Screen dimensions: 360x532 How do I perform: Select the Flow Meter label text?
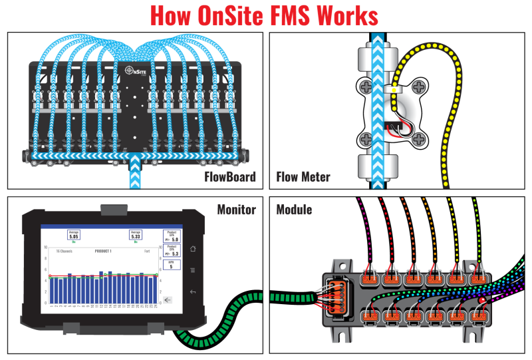tap(303, 178)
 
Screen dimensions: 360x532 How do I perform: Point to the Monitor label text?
tap(236, 210)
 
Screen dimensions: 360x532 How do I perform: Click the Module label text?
tap(294, 210)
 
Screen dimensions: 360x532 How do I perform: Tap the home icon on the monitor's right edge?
tap(192, 248)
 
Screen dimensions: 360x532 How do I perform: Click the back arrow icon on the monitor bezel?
tap(192, 291)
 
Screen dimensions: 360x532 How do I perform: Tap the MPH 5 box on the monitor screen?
tap(171, 265)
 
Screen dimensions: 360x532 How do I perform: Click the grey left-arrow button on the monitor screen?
tap(169, 300)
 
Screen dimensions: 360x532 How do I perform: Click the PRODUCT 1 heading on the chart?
tap(102, 252)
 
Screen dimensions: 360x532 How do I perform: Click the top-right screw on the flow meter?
tap(420, 86)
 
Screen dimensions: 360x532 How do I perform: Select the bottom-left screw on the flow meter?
tap(364, 139)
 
